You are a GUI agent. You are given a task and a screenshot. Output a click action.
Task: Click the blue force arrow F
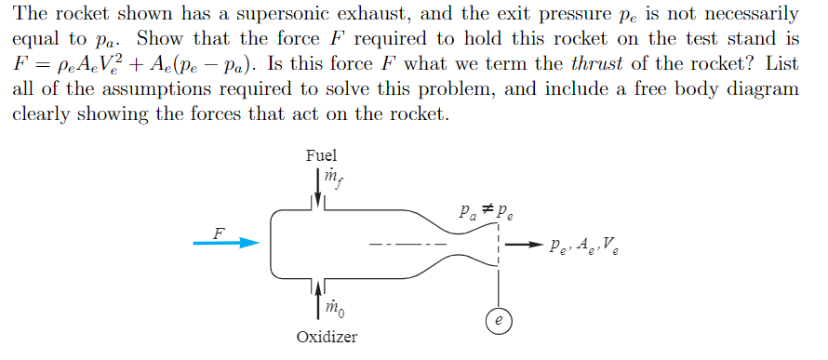(x=226, y=243)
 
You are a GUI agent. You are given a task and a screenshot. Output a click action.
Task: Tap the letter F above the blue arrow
(x=220, y=232)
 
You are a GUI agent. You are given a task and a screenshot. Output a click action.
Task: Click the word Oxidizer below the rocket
(x=326, y=336)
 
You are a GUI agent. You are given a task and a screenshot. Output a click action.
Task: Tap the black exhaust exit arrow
(x=523, y=246)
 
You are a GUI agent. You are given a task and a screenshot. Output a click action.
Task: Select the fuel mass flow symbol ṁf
(x=331, y=177)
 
